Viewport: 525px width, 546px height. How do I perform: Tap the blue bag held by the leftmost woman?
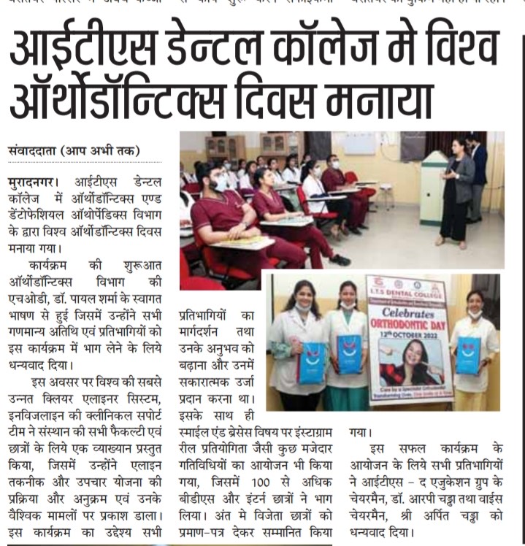[311, 363]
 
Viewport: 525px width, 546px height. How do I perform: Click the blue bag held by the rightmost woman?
[468, 355]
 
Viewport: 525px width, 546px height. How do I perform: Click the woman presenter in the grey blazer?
[456, 193]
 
